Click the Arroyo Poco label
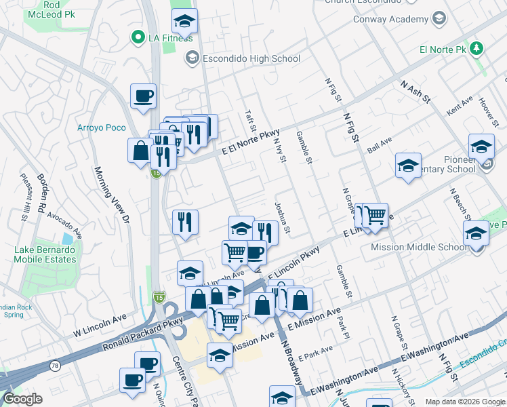pyautogui.click(x=98, y=128)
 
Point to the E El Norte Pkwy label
pyautogui.click(x=249, y=141)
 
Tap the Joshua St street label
pyautogui.click(x=282, y=218)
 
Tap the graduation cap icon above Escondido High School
pyautogui.click(x=184, y=22)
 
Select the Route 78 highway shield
pyautogui.click(x=52, y=366)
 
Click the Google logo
pyautogui.click(x=22, y=399)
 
